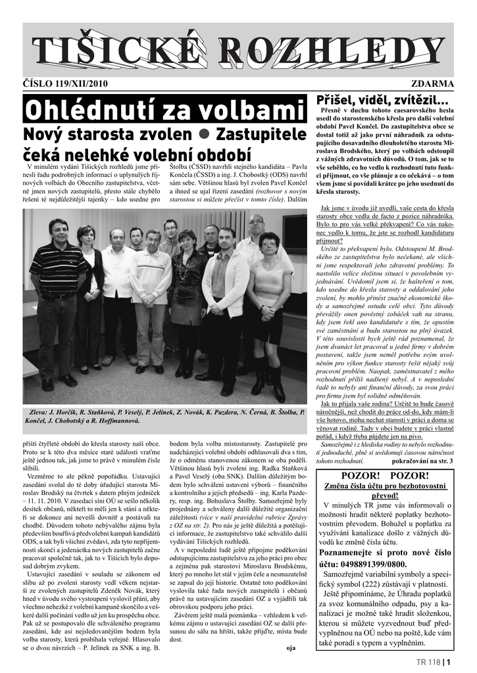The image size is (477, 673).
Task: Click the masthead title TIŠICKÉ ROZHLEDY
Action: [238, 51]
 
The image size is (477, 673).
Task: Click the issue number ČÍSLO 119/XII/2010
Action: [66, 84]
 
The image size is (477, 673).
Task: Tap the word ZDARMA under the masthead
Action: [432, 84]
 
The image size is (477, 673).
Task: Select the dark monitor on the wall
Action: [294, 234]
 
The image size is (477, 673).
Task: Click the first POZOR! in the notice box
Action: [357, 475]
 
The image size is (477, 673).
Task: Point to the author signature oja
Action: [291, 648]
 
